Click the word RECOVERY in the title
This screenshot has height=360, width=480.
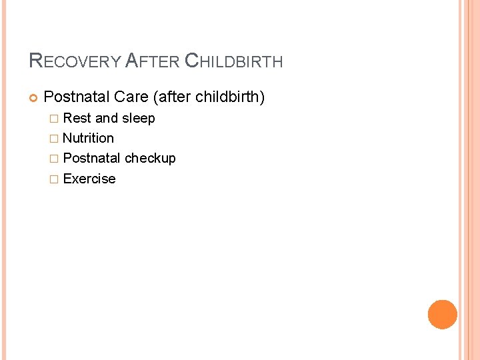pyautogui.click(x=75, y=61)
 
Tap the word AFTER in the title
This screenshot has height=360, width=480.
pyautogui.click(x=151, y=61)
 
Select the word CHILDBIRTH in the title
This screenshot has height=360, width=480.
pyautogui.click(x=233, y=61)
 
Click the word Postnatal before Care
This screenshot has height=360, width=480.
pyautogui.click(x=76, y=97)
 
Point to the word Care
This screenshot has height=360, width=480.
pyautogui.click(x=131, y=97)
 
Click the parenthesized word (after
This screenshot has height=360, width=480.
pyautogui.click(x=171, y=97)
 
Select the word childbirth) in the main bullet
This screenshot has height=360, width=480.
pyautogui.click(x=229, y=97)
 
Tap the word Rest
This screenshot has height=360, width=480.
pyautogui.click(x=77, y=118)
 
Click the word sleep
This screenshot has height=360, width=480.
pyautogui.click(x=138, y=118)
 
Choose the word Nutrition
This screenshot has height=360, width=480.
pyautogui.click(x=88, y=138)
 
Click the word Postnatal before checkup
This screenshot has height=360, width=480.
pyautogui.click(x=91, y=158)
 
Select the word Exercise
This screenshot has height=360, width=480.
pyautogui.click(x=89, y=179)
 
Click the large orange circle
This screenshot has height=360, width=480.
pyautogui.click(x=443, y=315)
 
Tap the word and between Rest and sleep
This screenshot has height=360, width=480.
pyautogui.click(x=107, y=118)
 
